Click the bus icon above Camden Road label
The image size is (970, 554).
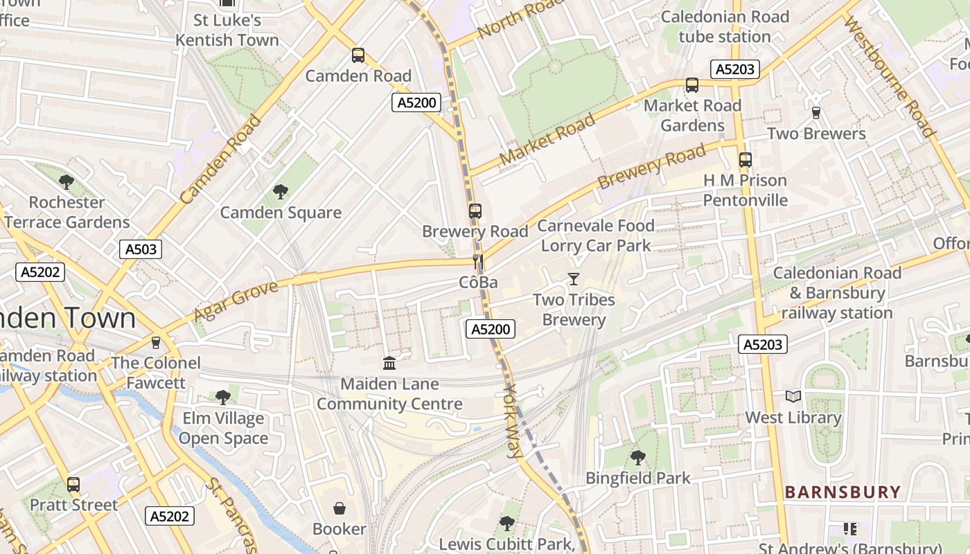358,55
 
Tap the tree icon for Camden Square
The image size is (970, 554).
281,192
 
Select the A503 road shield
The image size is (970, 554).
141,249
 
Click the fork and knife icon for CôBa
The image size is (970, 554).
477,262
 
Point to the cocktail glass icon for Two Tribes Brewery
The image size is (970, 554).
574,279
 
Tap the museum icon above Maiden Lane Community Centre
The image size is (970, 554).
389,363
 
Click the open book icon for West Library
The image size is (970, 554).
793,397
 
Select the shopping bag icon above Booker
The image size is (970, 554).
339,508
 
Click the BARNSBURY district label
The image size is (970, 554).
843,492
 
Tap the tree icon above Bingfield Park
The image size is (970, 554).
638,458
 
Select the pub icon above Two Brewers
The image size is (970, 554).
816,113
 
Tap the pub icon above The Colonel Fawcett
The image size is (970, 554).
156,342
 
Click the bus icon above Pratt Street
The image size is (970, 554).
73,484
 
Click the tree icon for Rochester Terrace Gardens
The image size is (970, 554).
67,182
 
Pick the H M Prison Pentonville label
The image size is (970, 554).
745,190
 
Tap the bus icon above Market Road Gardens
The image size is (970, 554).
691,85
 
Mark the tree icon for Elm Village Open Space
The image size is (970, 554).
223,397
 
